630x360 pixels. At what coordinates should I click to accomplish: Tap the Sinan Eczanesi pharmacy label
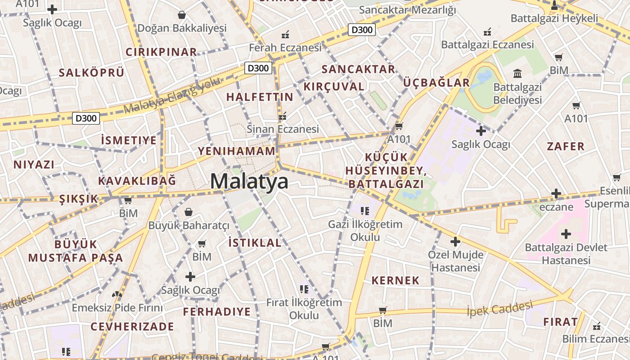tap(283, 129)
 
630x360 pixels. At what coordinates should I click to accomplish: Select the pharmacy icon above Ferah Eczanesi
tap(285, 34)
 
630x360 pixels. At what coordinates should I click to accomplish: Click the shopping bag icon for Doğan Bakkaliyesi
tap(182, 15)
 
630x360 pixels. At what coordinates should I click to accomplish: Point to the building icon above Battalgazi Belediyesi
tap(517, 73)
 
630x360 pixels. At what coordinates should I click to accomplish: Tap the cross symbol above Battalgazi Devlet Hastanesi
tap(566, 234)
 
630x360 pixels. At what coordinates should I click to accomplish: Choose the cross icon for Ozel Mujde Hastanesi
tap(455, 242)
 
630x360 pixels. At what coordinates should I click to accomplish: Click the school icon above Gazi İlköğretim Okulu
tap(365, 210)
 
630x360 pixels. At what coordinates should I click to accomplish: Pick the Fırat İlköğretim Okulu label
tap(304, 309)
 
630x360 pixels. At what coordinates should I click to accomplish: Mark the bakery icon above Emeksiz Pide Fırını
tap(117, 295)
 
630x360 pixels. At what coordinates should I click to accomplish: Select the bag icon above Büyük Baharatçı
tap(189, 211)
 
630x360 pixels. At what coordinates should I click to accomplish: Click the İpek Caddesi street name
tap(499, 309)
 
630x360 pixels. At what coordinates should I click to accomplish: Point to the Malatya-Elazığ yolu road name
tap(172, 95)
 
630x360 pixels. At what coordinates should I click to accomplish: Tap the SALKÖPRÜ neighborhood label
tap(91, 73)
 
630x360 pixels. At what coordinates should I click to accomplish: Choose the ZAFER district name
tap(566, 146)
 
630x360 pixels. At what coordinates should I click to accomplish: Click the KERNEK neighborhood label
tap(395, 280)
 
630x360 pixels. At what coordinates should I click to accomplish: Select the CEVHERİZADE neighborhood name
tap(132, 326)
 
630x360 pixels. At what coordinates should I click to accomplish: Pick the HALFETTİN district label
tap(260, 97)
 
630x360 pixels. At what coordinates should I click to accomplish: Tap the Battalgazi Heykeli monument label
tap(554, 18)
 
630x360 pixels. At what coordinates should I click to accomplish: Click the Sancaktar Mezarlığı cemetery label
tap(407, 9)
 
